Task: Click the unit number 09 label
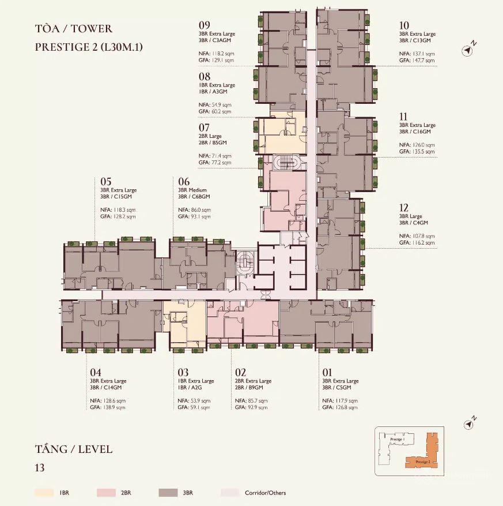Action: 205,25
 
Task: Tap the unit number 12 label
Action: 403,208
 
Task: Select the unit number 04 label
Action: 96,372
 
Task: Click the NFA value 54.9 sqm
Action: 221,105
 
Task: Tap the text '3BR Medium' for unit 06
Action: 192,190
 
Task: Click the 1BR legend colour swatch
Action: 44,493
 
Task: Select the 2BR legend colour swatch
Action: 106,493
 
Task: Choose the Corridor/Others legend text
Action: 265,493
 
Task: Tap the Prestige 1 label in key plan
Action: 398,439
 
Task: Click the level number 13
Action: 40,467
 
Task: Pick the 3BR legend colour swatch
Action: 168,493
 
